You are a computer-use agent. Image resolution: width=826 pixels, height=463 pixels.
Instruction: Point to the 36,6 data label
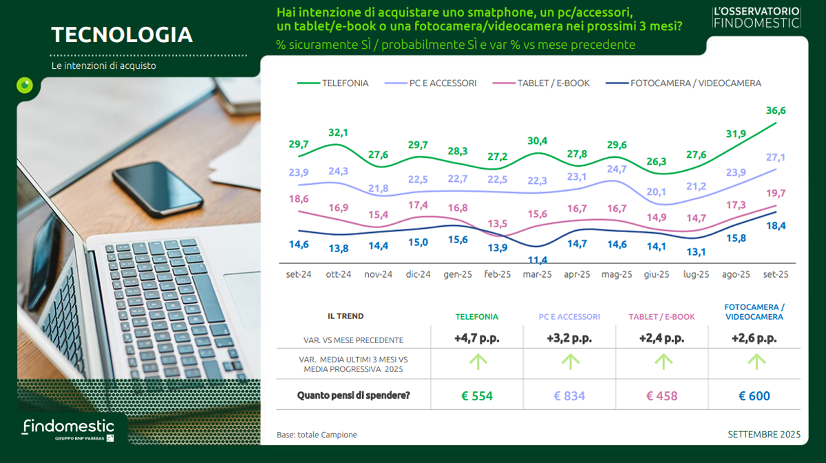[x=775, y=111]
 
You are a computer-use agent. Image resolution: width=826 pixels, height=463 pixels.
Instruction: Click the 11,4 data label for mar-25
[x=537, y=260]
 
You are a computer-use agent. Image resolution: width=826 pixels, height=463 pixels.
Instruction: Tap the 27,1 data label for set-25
[x=775, y=158]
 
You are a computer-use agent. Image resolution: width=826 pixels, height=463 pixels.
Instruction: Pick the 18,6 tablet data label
[x=299, y=198]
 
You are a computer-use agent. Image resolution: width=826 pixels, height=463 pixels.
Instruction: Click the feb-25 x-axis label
[x=498, y=274]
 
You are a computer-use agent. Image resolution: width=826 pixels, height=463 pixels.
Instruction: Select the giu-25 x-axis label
[x=656, y=274]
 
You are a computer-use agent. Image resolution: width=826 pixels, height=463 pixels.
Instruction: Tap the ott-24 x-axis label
[x=339, y=274]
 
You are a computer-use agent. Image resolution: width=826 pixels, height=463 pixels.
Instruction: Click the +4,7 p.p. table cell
[x=476, y=338]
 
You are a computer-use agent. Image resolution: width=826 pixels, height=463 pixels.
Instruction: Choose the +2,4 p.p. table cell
[x=661, y=338]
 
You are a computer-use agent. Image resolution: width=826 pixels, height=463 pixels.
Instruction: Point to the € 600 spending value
[x=754, y=396]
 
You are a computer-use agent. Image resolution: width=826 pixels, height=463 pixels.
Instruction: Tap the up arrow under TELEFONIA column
[x=476, y=360]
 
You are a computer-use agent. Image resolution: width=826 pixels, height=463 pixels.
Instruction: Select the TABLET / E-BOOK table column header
[x=661, y=317]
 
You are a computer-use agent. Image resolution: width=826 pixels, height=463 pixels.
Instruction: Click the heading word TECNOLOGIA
[x=122, y=35]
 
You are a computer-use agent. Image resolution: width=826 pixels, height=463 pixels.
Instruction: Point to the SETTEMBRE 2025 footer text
[x=764, y=435]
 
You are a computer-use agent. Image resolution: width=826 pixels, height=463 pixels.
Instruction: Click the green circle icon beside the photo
[x=25, y=85]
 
